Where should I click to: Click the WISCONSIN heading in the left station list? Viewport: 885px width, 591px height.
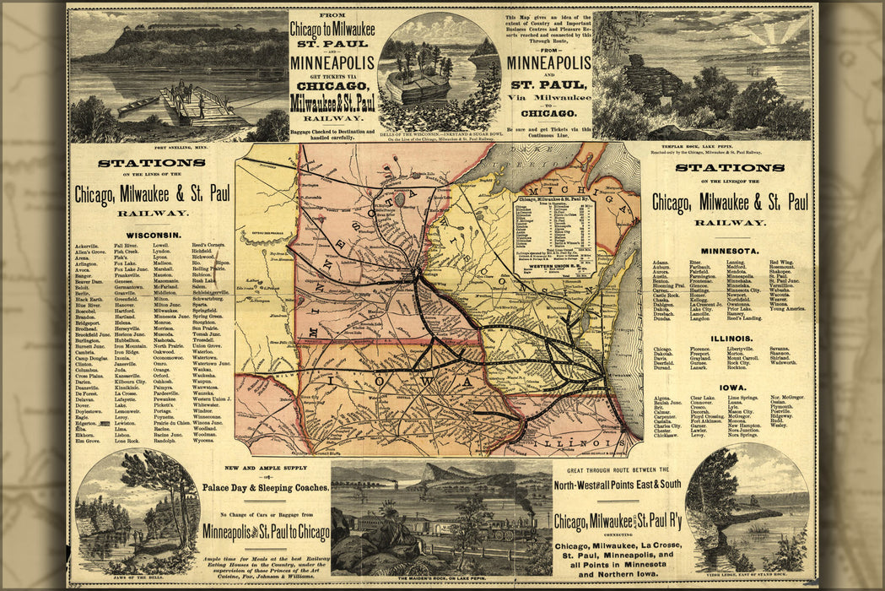[152, 234]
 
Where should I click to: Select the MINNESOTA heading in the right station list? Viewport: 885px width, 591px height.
[729, 250]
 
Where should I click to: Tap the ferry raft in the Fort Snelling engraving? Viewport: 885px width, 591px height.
[196, 105]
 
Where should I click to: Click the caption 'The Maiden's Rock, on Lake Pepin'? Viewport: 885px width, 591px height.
[441, 580]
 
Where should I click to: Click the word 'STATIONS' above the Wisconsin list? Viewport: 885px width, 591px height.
[151, 163]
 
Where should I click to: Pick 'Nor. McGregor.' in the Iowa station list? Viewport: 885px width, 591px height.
[786, 398]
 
